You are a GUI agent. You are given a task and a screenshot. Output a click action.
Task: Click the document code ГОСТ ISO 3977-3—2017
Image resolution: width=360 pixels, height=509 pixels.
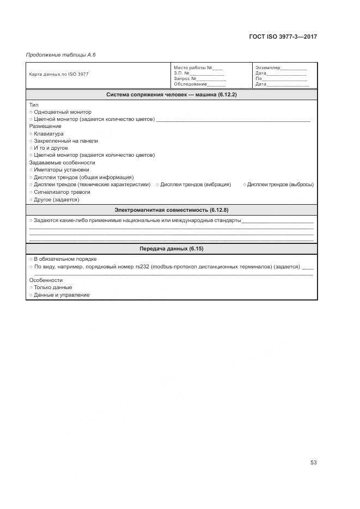click(283, 37)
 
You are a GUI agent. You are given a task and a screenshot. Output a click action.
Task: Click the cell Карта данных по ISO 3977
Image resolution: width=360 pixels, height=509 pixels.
click(59, 74)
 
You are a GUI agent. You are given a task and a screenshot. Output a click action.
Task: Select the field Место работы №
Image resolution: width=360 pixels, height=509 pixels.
click(193, 68)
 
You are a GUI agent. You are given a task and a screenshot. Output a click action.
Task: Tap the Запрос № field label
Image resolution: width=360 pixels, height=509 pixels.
click(188, 78)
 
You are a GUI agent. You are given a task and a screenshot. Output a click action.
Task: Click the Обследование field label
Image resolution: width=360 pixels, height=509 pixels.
click(190, 84)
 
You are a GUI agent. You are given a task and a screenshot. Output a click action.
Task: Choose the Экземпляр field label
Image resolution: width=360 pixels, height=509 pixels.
click(267, 68)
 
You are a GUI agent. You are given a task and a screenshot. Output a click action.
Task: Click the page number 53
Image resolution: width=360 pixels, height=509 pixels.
click(313, 463)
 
